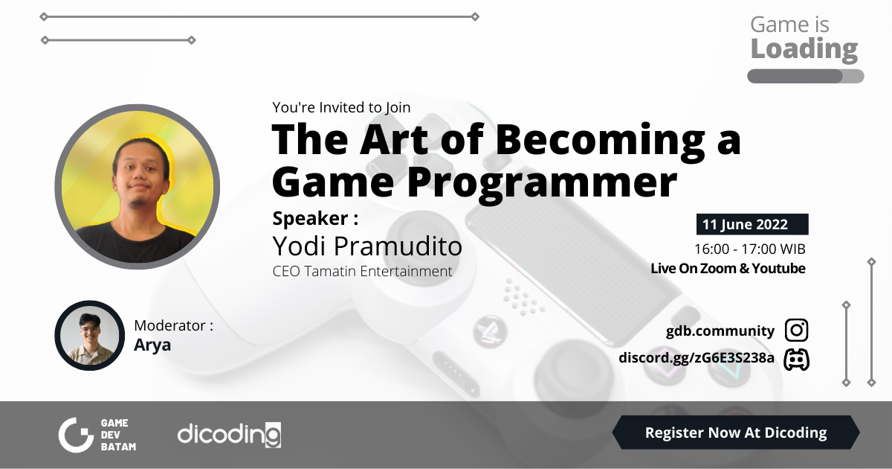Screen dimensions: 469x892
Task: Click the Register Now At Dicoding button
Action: pyautogui.click(x=735, y=433)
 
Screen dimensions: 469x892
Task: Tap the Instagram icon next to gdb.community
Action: pyautogui.click(x=796, y=331)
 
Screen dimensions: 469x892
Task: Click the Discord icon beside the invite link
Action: pyautogui.click(x=796, y=359)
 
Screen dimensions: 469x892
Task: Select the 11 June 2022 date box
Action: pyautogui.click(x=752, y=224)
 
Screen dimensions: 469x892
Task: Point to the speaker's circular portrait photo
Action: pyautogui.click(x=137, y=185)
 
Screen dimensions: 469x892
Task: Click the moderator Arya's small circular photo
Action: pyautogui.click(x=89, y=335)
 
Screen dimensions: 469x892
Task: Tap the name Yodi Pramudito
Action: pyautogui.click(x=367, y=246)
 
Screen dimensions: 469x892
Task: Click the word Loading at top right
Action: pyautogui.click(x=804, y=49)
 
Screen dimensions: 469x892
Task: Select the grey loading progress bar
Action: pyautogui.click(x=805, y=76)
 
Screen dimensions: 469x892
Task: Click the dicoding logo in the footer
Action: pyautogui.click(x=229, y=434)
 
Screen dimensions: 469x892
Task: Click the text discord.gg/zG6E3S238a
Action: pyautogui.click(x=697, y=359)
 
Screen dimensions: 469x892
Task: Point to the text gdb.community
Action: pyautogui.click(x=720, y=331)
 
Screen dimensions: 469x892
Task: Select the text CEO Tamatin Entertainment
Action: pyautogui.click(x=362, y=272)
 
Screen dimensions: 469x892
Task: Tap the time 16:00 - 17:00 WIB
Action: pyautogui.click(x=749, y=249)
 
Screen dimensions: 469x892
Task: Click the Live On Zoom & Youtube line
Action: pyautogui.click(x=728, y=269)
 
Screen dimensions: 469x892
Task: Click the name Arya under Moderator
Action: pyautogui.click(x=152, y=345)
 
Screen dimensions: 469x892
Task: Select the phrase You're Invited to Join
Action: pyautogui.click(x=341, y=107)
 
